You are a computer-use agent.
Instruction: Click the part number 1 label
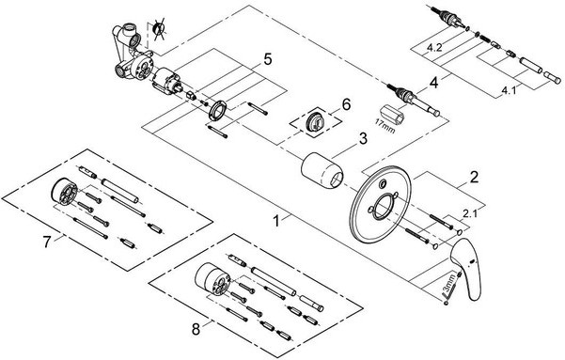point(276,221)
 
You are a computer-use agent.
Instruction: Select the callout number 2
point(474,178)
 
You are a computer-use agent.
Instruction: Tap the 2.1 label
point(469,213)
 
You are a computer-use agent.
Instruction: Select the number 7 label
point(47,242)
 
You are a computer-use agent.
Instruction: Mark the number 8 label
point(196,329)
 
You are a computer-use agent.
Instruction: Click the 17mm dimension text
point(385,126)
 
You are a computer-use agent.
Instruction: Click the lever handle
point(464,267)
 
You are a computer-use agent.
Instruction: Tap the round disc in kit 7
point(64,192)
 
